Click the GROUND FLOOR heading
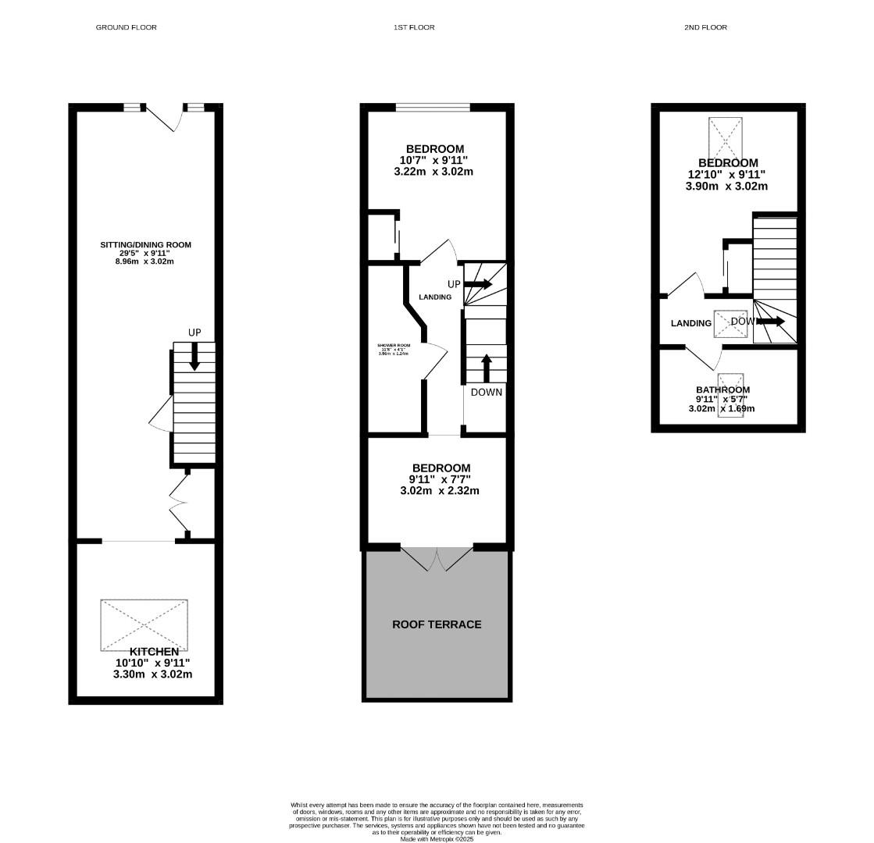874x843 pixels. point(126,27)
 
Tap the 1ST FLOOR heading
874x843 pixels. point(414,27)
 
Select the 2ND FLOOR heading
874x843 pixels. point(705,27)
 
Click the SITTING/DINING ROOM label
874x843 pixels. point(145,245)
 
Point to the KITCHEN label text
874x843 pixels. point(154,652)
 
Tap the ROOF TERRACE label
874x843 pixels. point(437,624)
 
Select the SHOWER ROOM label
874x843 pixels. point(394,345)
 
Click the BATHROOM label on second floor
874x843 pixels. point(722,389)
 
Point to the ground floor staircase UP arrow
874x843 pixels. point(194,356)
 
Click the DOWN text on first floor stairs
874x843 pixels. point(486,392)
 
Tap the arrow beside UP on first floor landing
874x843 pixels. point(478,284)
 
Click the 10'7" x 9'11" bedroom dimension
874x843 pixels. point(433,160)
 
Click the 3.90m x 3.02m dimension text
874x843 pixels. point(726,187)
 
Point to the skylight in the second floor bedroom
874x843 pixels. point(727,137)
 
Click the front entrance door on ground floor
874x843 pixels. point(165,118)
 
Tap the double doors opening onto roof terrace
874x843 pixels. point(437,558)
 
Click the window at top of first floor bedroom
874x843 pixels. point(433,108)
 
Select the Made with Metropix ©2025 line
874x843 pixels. point(437,839)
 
